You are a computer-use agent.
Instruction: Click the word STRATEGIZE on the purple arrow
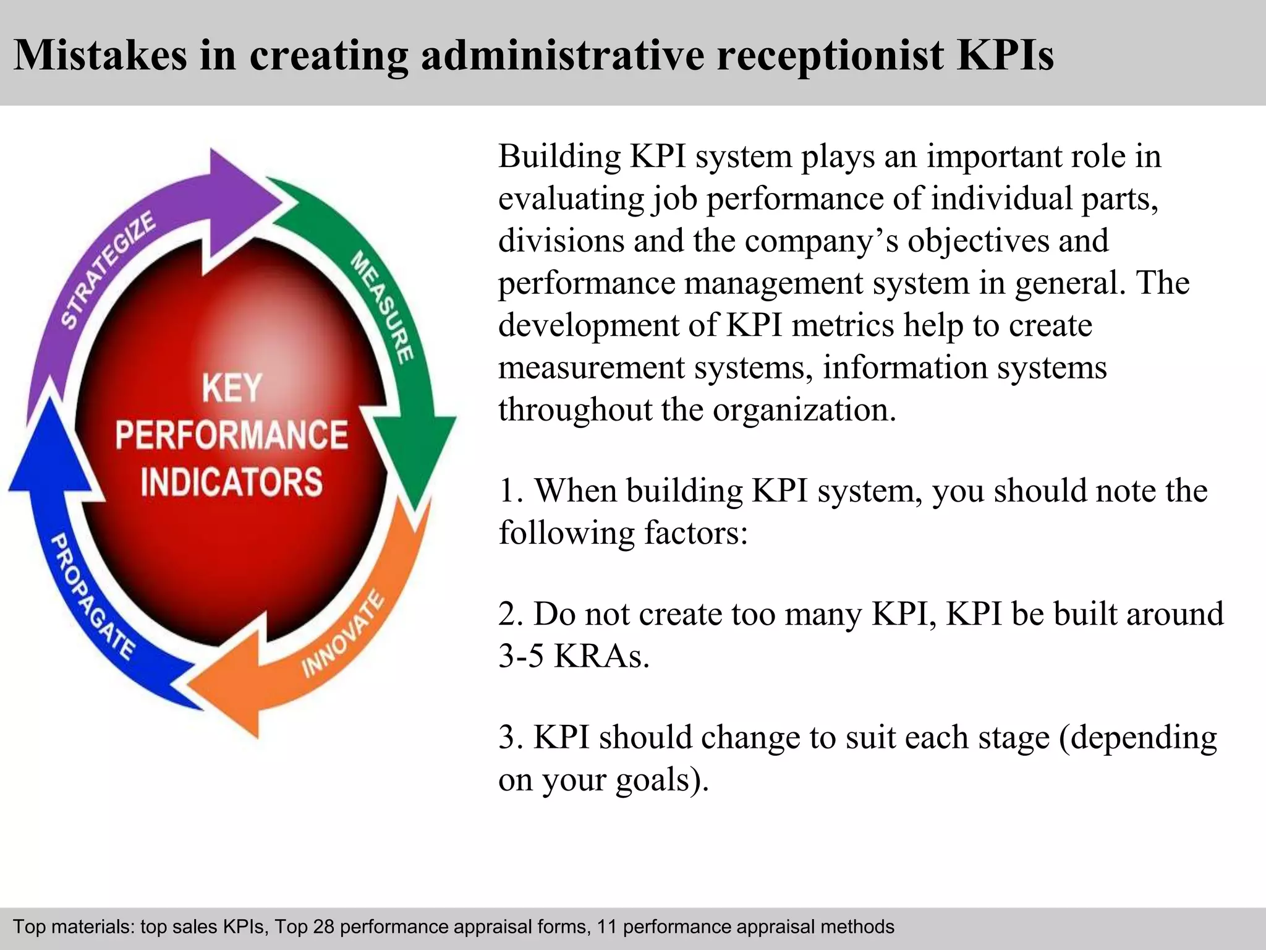tap(109, 270)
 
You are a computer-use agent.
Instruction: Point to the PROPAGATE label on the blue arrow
tap(92, 597)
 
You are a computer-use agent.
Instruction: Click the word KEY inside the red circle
tap(232, 388)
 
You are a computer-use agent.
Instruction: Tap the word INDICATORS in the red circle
tap(232, 482)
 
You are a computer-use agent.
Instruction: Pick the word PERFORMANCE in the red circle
tap(232, 435)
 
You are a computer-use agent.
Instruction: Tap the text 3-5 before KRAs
tap(521, 656)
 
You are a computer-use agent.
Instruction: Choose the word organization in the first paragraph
tap(804, 409)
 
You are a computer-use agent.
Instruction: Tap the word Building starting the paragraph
tap(559, 156)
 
